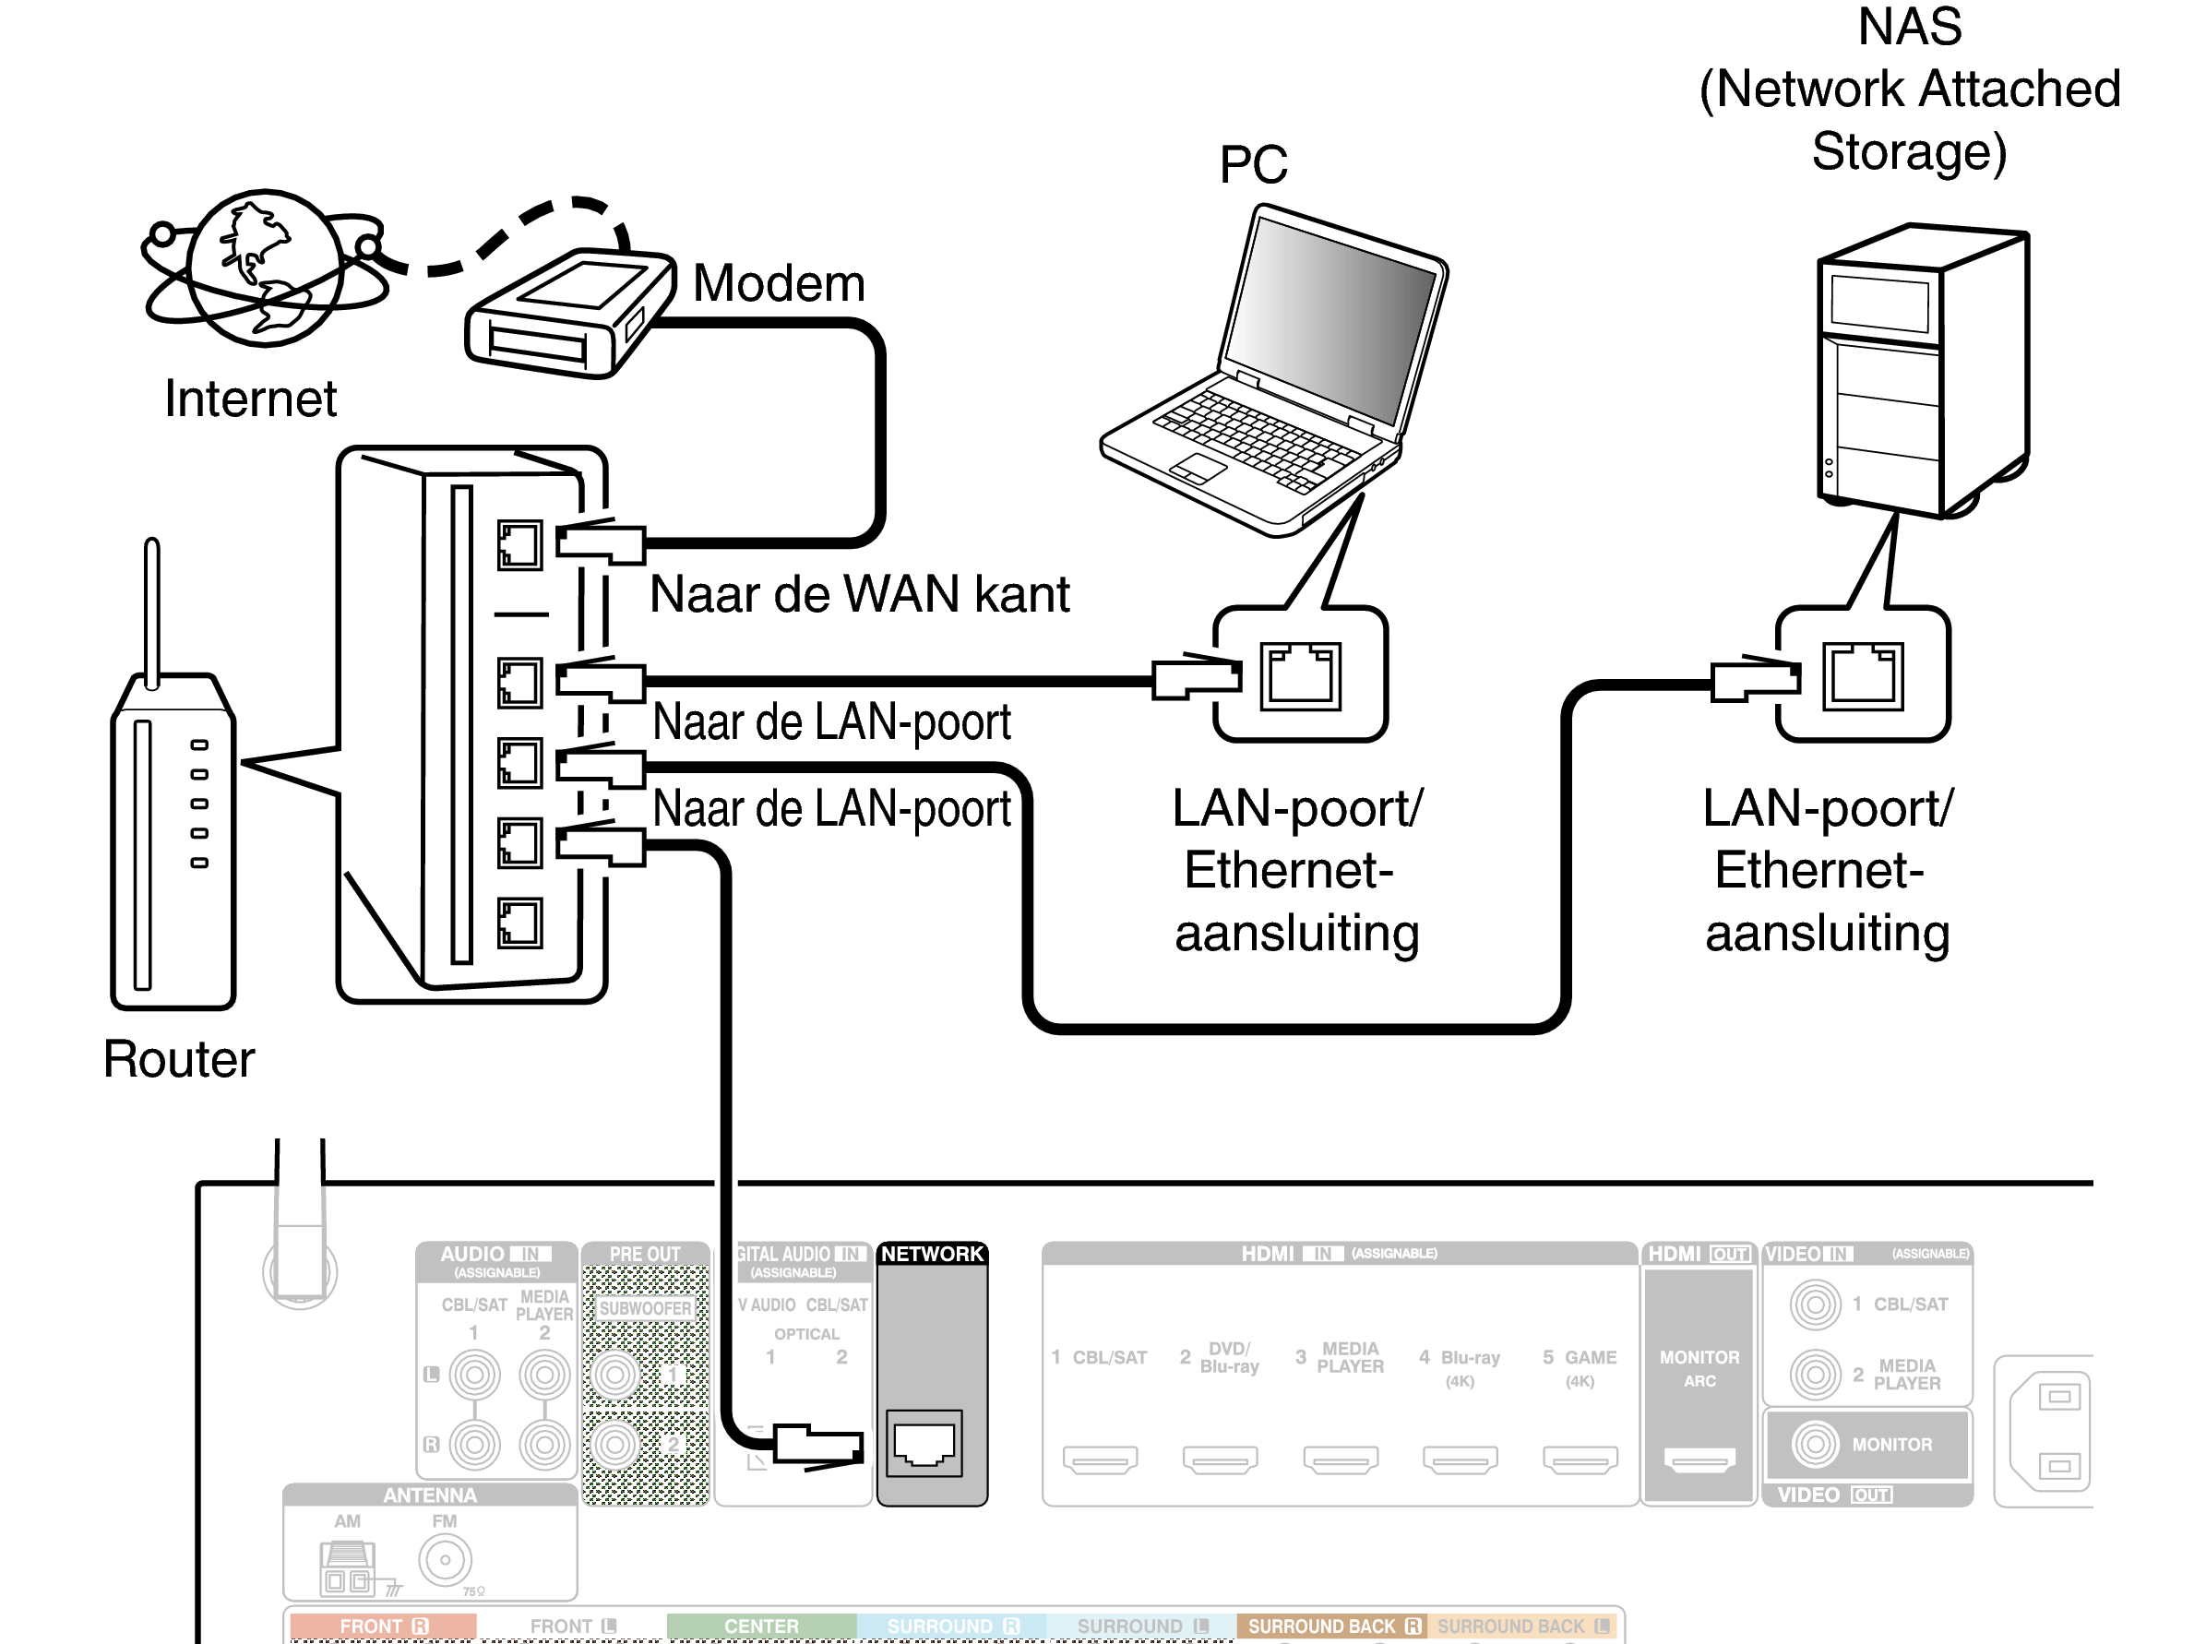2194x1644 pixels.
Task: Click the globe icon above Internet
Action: [x=265, y=268]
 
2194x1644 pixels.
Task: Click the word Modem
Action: [x=779, y=283]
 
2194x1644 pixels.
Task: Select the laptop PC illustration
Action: [x=1280, y=376]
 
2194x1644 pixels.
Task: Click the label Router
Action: [x=179, y=1059]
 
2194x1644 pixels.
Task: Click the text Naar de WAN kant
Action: [x=859, y=594]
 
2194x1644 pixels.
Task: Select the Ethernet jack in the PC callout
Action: [x=1300, y=676]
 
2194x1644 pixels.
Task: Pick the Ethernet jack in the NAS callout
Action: [x=1863, y=676]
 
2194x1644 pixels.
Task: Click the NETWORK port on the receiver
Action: [x=924, y=1443]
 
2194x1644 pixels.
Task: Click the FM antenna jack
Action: [x=445, y=1560]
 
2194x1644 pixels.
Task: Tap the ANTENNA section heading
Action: [x=429, y=1495]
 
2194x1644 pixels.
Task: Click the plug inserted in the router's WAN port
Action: [x=601, y=542]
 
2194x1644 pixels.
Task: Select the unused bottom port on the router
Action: [x=519, y=923]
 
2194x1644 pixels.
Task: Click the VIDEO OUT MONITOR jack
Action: [x=1815, y=1444]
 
